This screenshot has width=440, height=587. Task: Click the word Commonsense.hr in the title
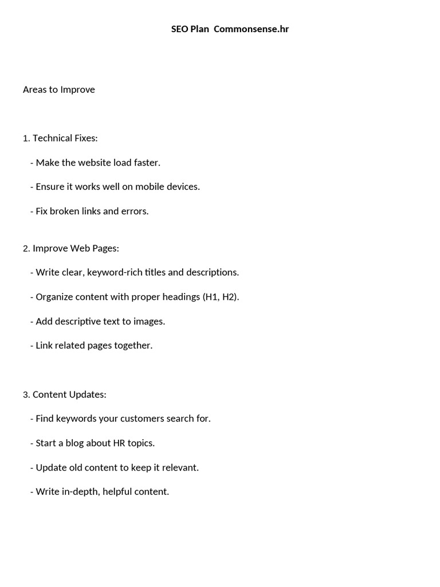tap(251, 29)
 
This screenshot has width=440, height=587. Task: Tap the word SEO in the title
tap(179, 29)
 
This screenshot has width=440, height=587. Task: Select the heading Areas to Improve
tap(59, 89)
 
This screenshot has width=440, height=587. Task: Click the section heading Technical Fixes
tap(65, 138)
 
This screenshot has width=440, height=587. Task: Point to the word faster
tap(147, 163)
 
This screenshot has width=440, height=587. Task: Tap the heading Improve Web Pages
tap(76, 248)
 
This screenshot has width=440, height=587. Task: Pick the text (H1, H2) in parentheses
tap(221, 297)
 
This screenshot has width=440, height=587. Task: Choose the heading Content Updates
tap(69, 394)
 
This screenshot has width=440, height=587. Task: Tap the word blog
tap(77, 443)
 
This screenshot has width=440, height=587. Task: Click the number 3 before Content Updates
tap(26, 394)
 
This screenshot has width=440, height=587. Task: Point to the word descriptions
tap(213, 272)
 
